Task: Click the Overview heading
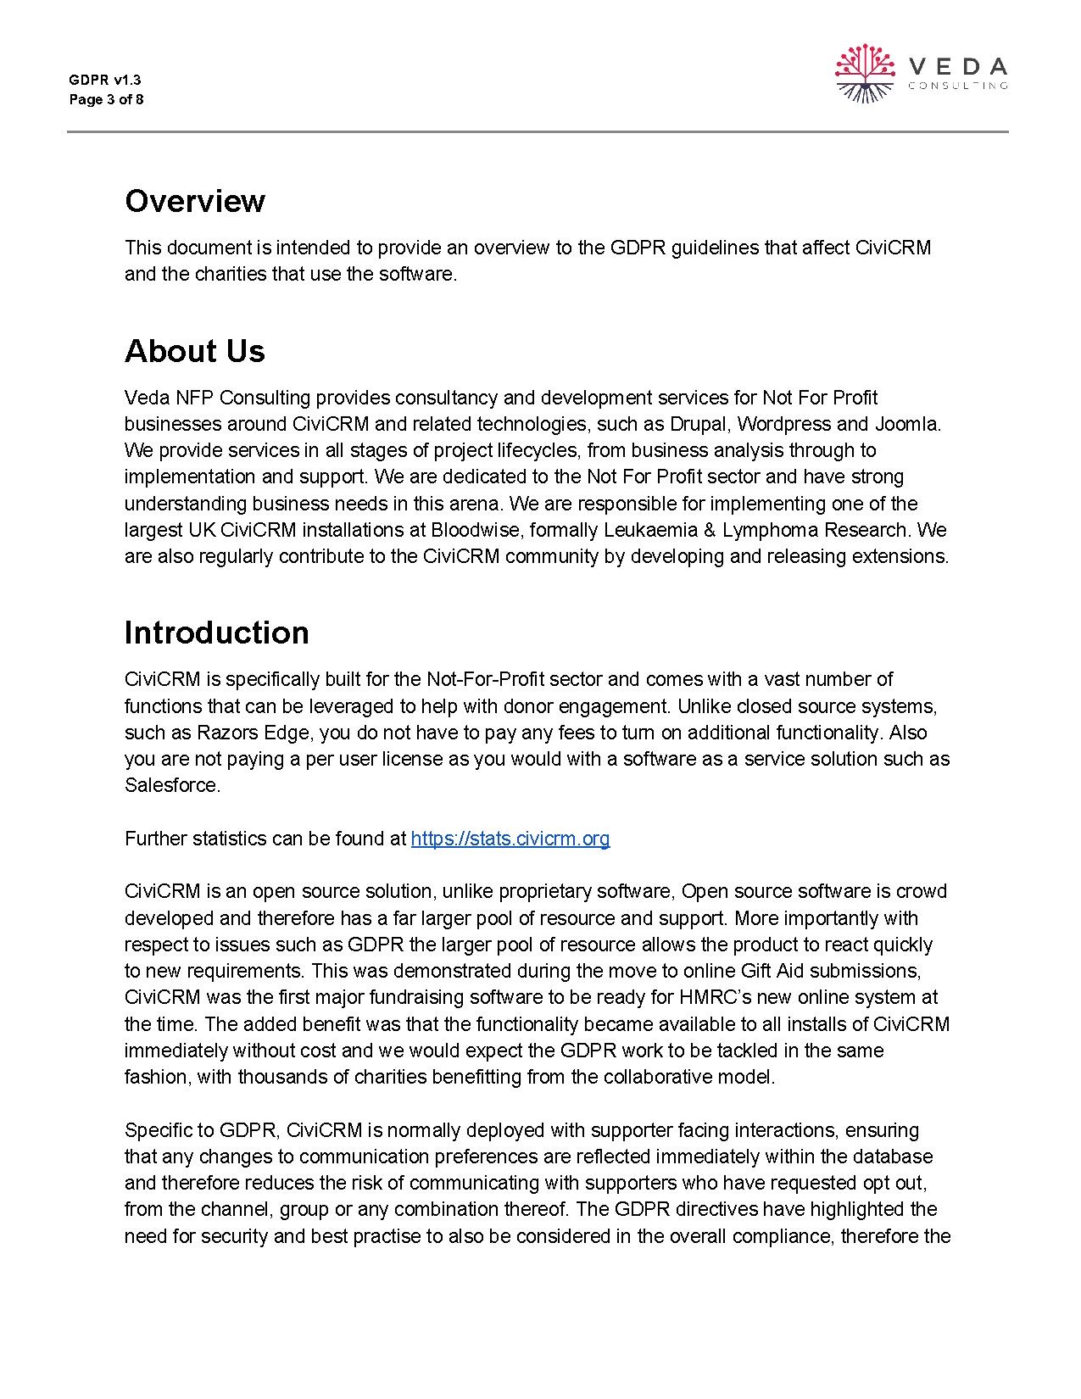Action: coord(194,201)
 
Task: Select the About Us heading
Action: coord(194,351)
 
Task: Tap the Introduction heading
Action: coord(216,633)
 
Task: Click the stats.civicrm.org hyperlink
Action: coord(510,839)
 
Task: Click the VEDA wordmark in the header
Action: coord(957,66)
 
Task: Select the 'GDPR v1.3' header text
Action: coord(105,80)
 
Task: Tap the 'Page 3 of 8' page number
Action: coord(106,99)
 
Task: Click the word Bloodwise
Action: coord(471,530)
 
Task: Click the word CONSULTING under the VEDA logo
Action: coord(957,85)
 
